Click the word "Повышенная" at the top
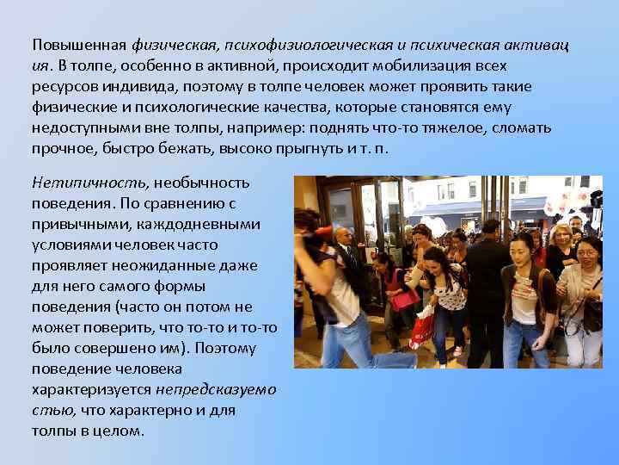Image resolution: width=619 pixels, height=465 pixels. click(78, 45)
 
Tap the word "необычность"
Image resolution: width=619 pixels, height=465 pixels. click(202, 183)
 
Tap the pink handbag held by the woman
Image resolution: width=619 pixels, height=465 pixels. click(402, 298)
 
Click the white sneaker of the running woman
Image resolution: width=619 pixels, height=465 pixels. click(457, 352)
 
